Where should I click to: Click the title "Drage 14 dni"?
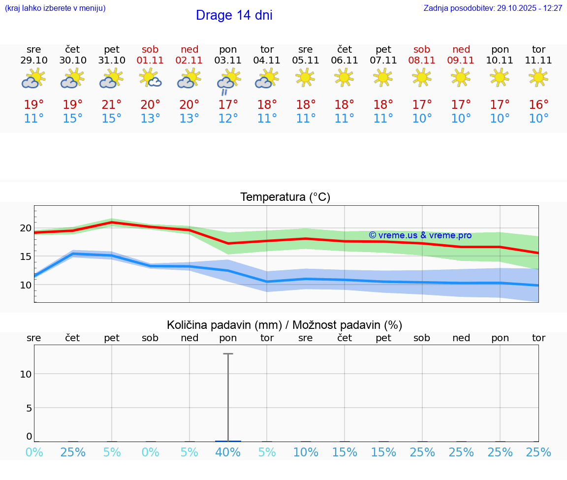234,15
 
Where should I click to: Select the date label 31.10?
112,61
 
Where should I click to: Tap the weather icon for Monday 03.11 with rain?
228,81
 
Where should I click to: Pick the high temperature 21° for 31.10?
112,105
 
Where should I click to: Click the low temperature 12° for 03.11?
228,119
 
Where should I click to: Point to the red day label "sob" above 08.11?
422,49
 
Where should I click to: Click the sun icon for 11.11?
538,77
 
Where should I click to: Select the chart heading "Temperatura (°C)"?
285,197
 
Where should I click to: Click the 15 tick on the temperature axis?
25,256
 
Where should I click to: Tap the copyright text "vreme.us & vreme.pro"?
420,235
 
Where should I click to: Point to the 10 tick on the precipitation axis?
25,374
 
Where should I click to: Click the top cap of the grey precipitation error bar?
228,353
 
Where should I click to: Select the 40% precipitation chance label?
228,452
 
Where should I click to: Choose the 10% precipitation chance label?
306,452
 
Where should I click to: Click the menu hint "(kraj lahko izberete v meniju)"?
55,8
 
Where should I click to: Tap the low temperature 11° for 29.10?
34,119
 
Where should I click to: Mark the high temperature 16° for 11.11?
538,105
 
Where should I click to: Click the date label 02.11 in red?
189,61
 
